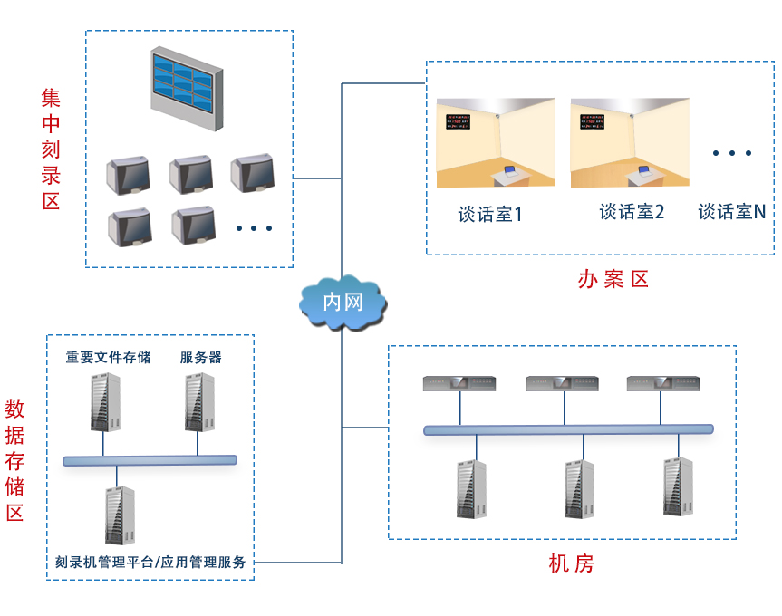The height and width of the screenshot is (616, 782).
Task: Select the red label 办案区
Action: [x=613, y=279]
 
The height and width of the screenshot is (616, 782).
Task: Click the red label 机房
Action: [x=572, y=563]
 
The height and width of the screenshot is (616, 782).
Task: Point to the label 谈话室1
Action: [x=490, y=215]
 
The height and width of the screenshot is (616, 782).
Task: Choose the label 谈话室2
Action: [x=632, y=212]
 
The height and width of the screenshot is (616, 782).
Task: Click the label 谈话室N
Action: [x=732, y=212]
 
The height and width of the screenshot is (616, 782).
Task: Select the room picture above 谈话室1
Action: [x=495, y=143]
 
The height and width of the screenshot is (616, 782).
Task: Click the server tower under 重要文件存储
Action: [x=105, y=400]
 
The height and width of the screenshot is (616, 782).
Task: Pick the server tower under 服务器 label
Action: [x=199, y=400]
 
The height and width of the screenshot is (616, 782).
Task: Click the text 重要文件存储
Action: [x=108, y=357]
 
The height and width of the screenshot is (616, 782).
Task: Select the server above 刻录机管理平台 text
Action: [x=119, y=515]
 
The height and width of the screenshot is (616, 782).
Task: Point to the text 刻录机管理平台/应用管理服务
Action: [x=150, y=562]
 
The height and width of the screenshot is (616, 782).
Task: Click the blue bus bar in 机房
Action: [x=568, y=429]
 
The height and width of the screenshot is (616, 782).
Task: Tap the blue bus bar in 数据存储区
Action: [x=150, y=460]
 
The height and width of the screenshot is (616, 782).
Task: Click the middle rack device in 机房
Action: [x=562, y=384]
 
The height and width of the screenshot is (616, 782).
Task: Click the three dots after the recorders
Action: [x=254, y=228]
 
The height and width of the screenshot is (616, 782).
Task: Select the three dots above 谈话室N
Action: [x=731, y=153]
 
